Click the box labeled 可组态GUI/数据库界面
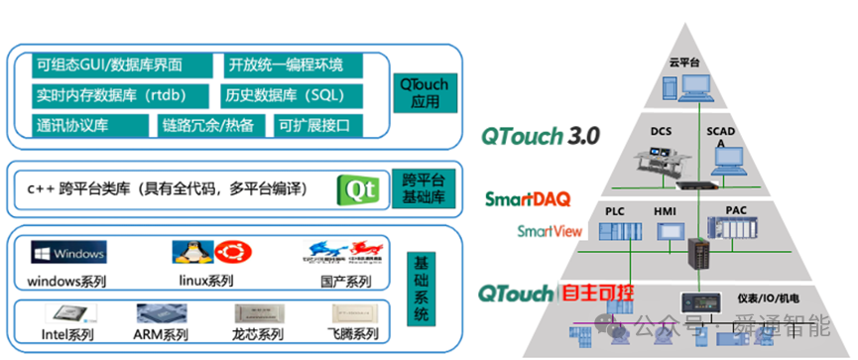[x=110, y=65]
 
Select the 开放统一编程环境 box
[x=288, y=65]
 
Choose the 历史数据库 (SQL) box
[x=289, y=95]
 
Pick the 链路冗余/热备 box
[x=208, y=125]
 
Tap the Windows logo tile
[x=67, y=252]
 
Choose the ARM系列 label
[x=161, y=335]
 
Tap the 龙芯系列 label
[x=256, y=335]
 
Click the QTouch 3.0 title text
[x=540, y=136]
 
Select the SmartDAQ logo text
[x=528, y=199]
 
